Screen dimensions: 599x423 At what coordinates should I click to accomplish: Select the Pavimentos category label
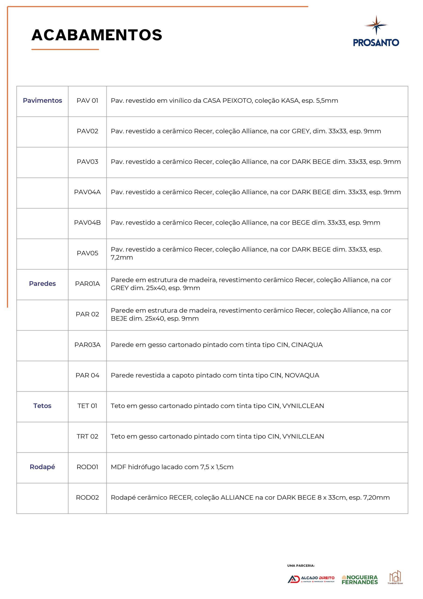(43, 100)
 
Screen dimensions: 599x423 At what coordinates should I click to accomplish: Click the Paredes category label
(43, 284)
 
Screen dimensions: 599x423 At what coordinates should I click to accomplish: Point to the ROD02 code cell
(87, 497)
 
